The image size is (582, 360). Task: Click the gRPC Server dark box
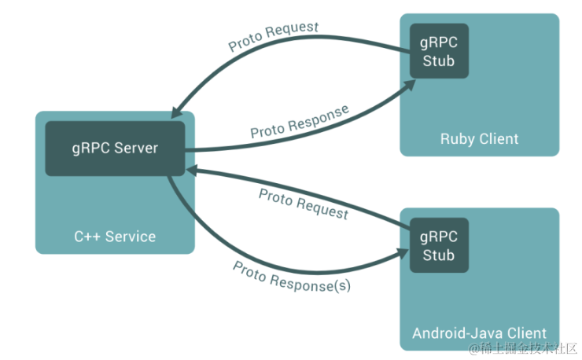coord(115,149)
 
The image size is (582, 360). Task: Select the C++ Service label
coord(115,236)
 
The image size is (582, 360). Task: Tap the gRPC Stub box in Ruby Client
coord(439,50)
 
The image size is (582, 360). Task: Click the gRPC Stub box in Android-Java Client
coord(439,245)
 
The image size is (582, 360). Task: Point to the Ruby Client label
coord(479,139)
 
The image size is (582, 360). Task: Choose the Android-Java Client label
coord(479,332)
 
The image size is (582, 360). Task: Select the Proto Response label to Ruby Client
coord(299,123)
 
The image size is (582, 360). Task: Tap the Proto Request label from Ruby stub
coord(274,37)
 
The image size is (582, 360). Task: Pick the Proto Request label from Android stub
coord(303,204)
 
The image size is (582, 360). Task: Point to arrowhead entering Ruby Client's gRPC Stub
coord(406,83)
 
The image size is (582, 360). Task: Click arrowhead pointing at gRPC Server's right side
coord(192,169)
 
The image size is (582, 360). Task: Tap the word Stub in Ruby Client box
coord(439,61)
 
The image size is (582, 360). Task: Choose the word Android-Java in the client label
coord(455,332)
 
